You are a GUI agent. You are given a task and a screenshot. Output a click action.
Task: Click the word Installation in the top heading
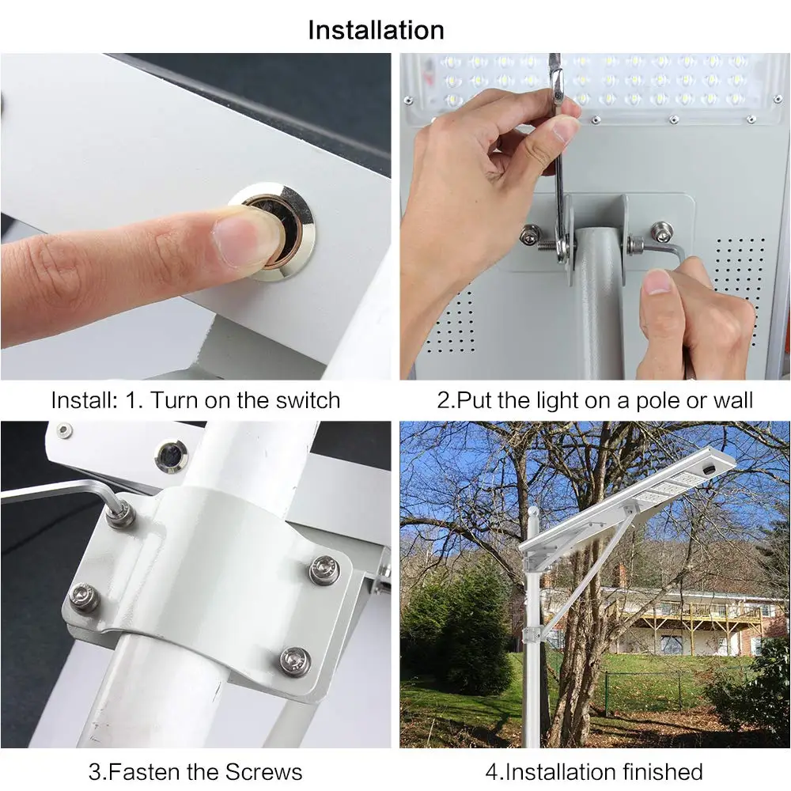coord(377,30)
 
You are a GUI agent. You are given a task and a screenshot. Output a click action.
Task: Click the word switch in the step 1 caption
coord(308,400)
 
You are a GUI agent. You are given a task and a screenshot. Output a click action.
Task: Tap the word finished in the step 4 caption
coord(662,772)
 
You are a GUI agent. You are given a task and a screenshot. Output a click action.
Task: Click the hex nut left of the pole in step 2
coord(531,236)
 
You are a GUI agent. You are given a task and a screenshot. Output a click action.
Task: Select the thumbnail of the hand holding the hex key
coord(658,282)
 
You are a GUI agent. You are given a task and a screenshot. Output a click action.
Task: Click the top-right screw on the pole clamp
coord(324,570)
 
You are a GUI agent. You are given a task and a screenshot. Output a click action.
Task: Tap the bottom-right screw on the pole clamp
coord(295,660)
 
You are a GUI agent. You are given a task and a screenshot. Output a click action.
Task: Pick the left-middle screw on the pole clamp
coord(83,596)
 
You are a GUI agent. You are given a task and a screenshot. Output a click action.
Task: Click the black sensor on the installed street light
coord(710,468)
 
